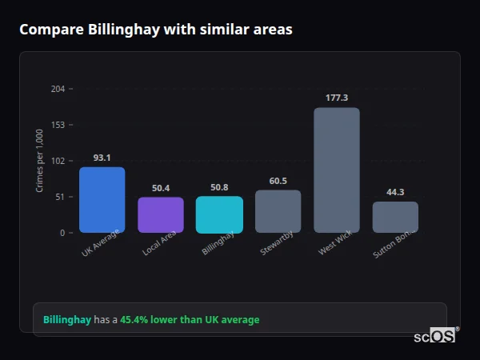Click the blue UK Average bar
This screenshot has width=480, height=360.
click(x=102, y=200)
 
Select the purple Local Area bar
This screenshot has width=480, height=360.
click(x=161, y=215)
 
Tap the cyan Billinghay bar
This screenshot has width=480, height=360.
click(x=219, y=214)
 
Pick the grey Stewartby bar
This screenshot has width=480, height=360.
click(x=278, y=211)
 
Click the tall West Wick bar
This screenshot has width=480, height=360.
click(x=337, y=170)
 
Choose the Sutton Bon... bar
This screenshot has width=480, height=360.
click(x=395, y=217)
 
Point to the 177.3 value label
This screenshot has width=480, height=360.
click(x=337, y=98)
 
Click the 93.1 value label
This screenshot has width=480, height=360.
click(x=102, y=158)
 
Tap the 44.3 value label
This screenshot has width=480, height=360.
click(x=395, y=192)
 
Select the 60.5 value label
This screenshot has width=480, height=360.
click(x=278, y=181)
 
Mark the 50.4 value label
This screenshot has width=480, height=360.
click(x=161, y=188)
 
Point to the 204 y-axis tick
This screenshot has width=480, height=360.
click(x=58, y=89)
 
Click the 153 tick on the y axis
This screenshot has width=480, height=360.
click(x=58, y=125)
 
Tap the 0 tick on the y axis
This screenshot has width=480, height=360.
click(x=62, y=233)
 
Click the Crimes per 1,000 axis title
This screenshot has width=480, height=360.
click(x=40, y=161)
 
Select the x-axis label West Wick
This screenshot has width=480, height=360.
click(x=334, y=244)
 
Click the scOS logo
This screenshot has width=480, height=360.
click(x=434, y=337)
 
